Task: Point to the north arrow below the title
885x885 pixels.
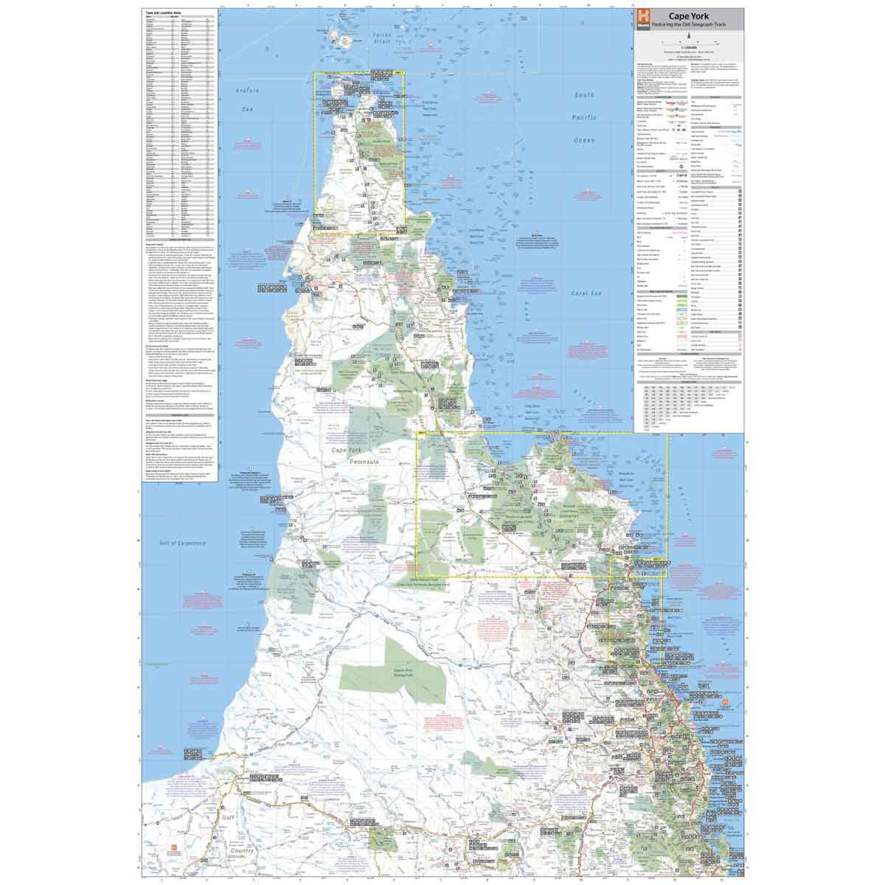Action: (689, 35)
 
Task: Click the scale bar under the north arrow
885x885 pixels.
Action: (689, 44)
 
